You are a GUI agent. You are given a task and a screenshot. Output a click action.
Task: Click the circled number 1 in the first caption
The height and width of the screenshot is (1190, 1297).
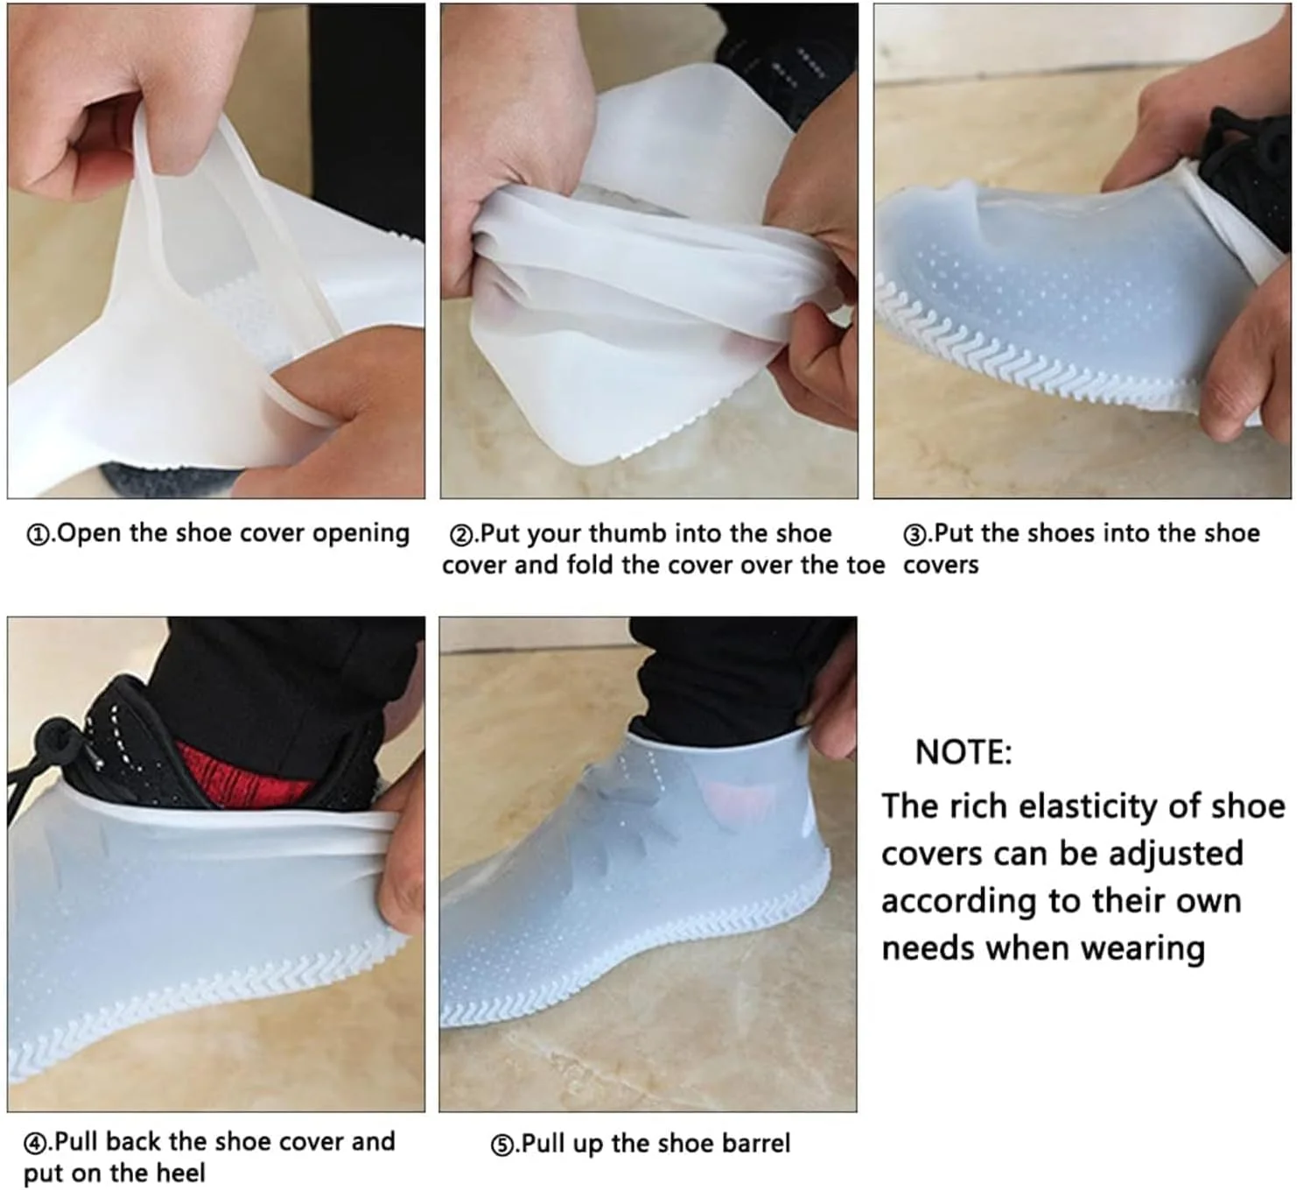tap(37, 535)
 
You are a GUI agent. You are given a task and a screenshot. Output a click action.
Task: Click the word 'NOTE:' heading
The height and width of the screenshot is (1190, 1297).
tap(964, 752)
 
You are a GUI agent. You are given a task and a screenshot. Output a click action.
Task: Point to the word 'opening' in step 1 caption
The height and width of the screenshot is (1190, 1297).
tap(361, 535)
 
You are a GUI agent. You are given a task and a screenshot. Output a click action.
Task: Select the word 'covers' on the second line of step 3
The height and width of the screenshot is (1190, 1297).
tap(941, 566)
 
